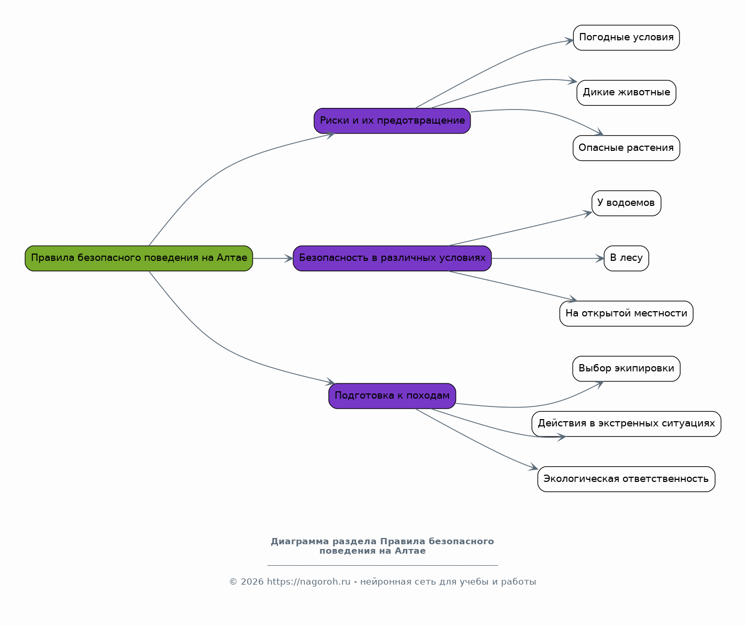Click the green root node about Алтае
point(139,258)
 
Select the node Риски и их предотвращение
point(392,120)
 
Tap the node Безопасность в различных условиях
point(392,258)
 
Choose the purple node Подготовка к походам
point(392,396)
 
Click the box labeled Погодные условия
point(626,38)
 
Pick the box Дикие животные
point(626,93)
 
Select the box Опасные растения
point(626,148)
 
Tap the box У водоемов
point(626,203)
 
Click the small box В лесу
point(626,258)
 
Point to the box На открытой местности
point(626,313)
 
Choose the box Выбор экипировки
point(626,369)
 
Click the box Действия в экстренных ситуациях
point(626,424)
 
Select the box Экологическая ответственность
point(626,479)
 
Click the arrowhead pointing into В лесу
point(600,258)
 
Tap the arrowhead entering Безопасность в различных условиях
point(289,258)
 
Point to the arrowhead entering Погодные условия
point(570,40)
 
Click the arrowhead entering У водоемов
point(588,213)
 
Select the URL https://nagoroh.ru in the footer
point(308,582)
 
